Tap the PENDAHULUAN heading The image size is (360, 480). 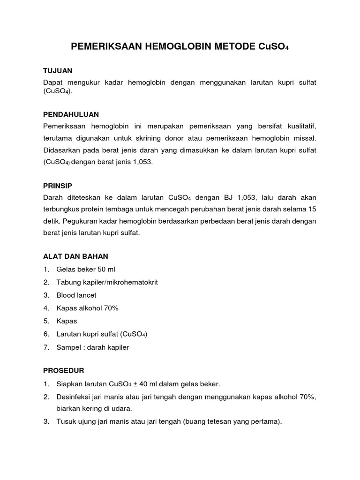point(71,114)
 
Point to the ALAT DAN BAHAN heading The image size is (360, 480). point(75,256)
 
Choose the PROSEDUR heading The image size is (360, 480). point(63,370)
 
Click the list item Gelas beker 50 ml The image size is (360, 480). point(85,270)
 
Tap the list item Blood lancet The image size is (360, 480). point(76,295)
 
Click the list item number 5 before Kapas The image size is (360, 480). point(46,321)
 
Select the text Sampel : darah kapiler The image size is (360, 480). point(92,347)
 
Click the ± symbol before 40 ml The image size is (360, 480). point(134,384)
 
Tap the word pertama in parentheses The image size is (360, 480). point(267,421)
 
